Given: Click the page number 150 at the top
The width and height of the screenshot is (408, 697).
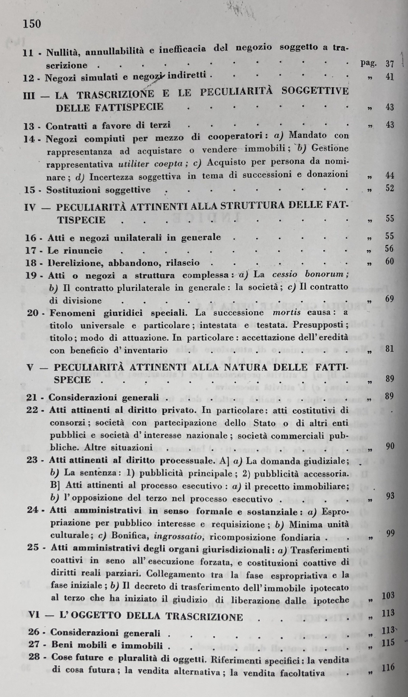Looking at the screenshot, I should click(32, 24).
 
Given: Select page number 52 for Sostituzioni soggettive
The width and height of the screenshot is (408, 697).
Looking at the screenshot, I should click(390, 188).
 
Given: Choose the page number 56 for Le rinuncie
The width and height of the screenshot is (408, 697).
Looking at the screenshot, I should click(389, 248).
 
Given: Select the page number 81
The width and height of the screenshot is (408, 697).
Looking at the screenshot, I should click(390, 348).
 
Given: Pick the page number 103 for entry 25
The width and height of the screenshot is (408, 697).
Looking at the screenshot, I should click(388, 595).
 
